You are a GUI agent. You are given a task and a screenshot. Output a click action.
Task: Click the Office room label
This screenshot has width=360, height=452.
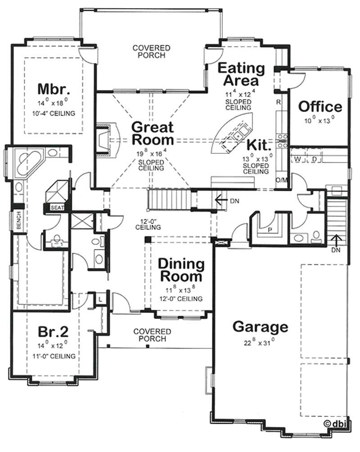point(320,107)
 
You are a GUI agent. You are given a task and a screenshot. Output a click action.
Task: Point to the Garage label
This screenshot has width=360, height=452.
point(260,327)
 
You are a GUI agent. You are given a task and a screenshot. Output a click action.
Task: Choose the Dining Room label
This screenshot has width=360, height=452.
point(181,269)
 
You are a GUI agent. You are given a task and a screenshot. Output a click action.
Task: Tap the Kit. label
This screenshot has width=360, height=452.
point(258,145)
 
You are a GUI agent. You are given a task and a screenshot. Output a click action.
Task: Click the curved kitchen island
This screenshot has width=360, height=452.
point(234,133)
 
